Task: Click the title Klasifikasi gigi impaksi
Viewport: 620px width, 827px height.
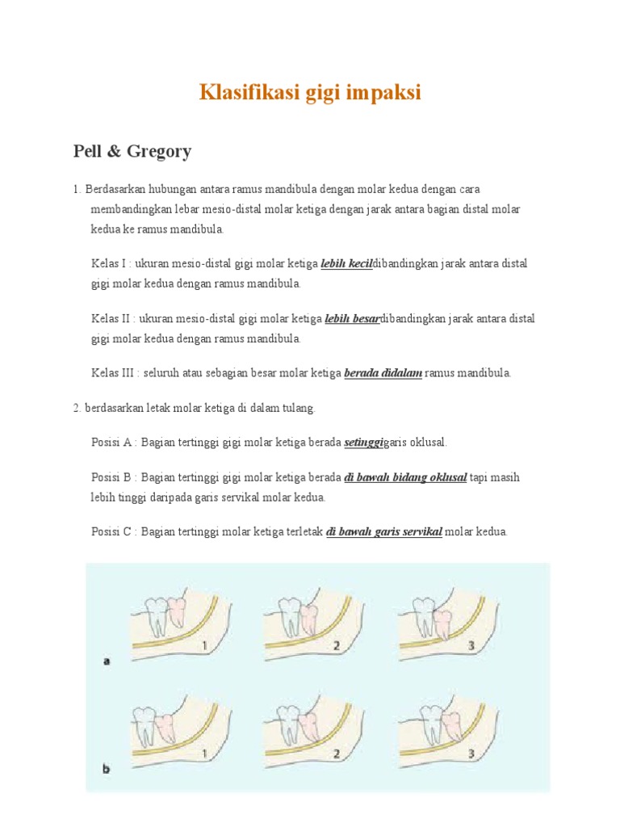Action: pos(310,93)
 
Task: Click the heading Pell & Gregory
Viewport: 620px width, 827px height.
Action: pos(132,151)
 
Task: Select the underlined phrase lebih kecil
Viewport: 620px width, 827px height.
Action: pos(346,264)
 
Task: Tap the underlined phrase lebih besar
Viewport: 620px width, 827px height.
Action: pos(352,319)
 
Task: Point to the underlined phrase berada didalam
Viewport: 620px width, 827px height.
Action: pos(383,373)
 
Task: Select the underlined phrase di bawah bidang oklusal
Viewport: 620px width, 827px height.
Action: pos(405,477)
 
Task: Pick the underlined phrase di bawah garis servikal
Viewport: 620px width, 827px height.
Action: pos(383,532)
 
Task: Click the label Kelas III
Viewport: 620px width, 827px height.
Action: pos(113,373)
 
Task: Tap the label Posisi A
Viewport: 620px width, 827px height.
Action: pos(113,443)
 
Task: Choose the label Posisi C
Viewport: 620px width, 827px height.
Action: pos(113,532)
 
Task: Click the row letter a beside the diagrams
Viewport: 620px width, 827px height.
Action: pos(107,661)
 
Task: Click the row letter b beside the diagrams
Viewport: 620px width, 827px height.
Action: pos(107,769)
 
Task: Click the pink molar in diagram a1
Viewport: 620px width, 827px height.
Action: pos(175,615)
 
